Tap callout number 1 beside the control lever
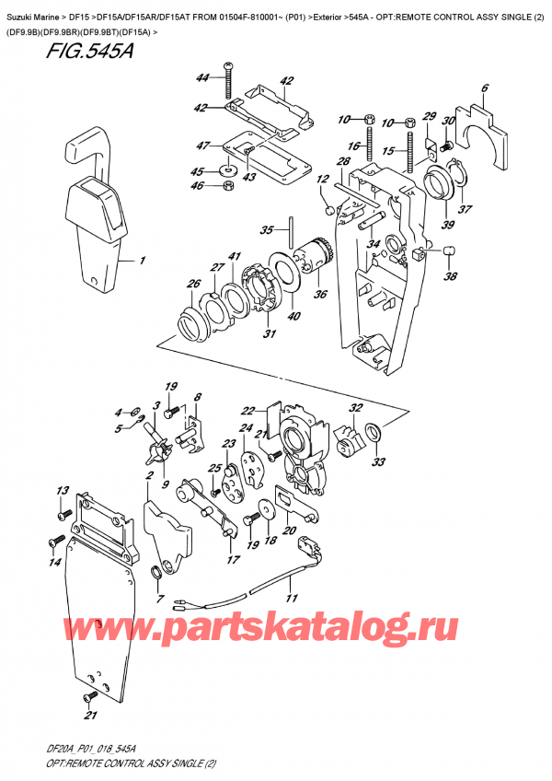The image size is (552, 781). (143, 261)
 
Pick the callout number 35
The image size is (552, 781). (267, 229)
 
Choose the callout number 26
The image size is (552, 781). (194, 283)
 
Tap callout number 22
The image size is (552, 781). (247, 412)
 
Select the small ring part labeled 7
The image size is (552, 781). (157, 575)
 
